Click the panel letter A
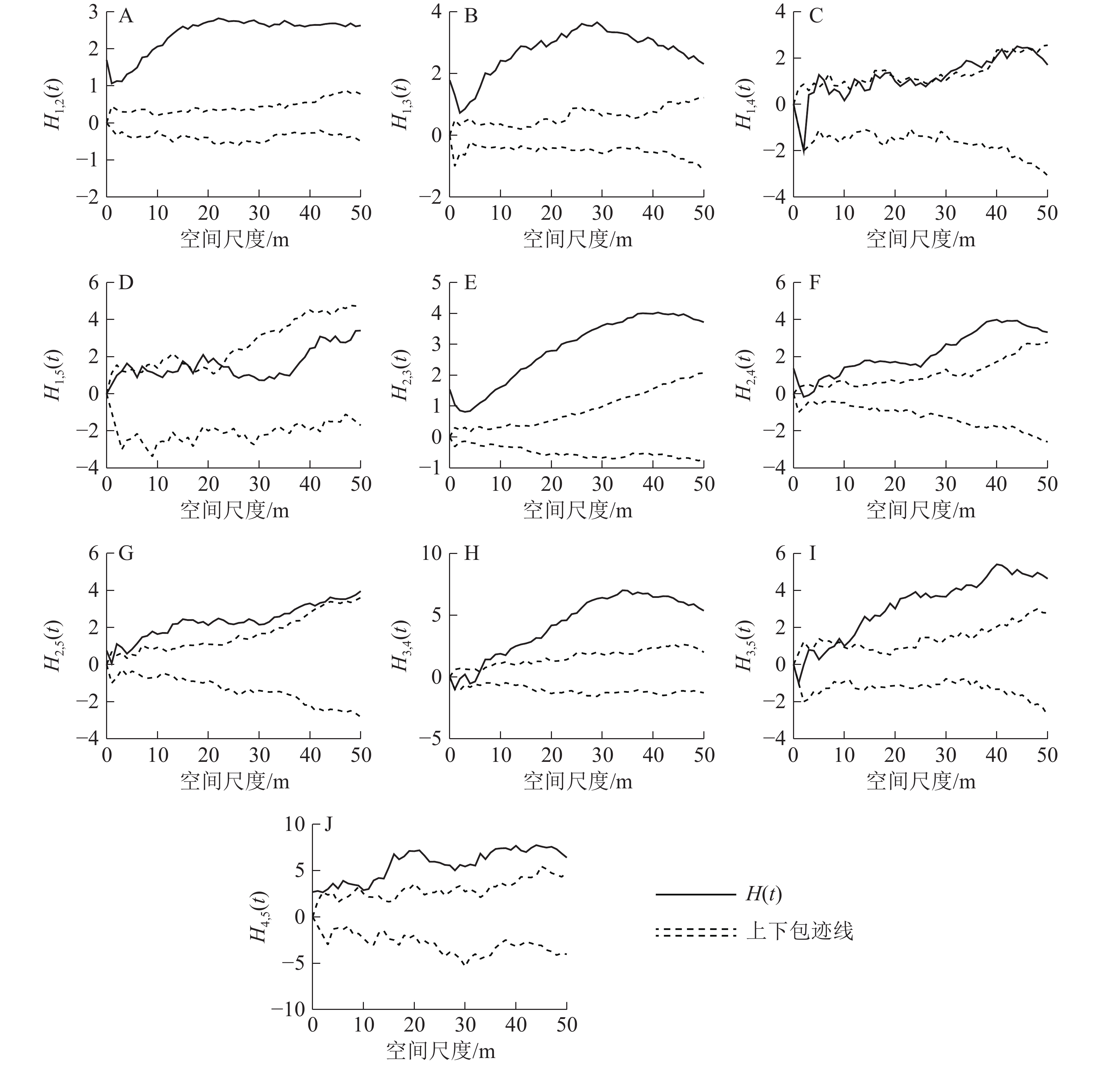tap(126, 17)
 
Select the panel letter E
tap(470, 283)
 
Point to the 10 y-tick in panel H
tap(432, 554)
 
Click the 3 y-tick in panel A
tap(93, 12)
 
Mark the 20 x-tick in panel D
tap(209, 484)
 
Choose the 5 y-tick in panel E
tap(436, 283)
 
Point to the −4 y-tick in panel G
tap(88, 739)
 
